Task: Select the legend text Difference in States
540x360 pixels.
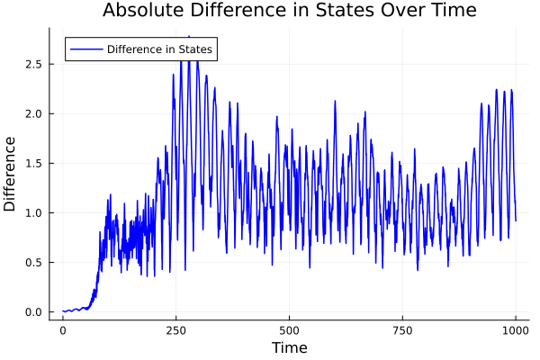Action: tap(159, 49)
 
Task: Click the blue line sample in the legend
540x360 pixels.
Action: tap(85, 49)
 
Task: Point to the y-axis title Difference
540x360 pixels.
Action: tap(11, 174)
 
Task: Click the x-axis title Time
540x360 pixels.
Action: tap(289, 347)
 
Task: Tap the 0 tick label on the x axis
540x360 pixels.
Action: tap(62, 329)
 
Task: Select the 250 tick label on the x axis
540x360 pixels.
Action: tap(175, 329)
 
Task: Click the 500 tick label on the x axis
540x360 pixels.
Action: tap(289, 329)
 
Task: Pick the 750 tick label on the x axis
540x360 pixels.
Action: tap(402, 329)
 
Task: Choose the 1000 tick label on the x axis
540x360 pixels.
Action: tap(516, 329)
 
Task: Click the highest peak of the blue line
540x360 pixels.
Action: tap(188, 37)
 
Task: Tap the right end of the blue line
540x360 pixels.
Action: tap(516, 220)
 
